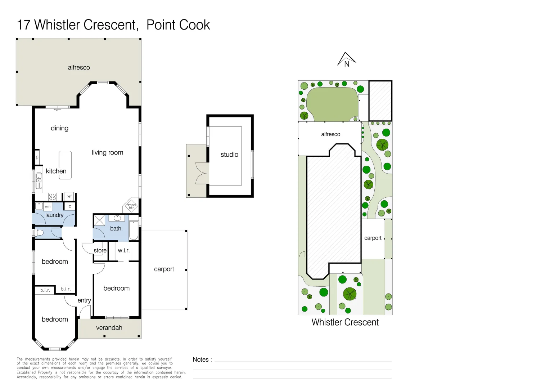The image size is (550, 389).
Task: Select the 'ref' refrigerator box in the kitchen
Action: (69, 196)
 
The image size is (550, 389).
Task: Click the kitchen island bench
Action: (65, 165)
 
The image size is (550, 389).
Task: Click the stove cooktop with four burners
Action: (53, 197)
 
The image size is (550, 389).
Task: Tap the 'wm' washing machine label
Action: (48, 206)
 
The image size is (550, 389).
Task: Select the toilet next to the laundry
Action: (39, 233)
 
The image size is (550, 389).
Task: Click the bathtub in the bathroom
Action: (134, 231)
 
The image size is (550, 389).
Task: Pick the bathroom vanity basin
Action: (117, 218)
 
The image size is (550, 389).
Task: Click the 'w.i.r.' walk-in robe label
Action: (123, 250)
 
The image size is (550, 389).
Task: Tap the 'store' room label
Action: (100, 250)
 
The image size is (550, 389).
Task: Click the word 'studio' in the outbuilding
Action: (229, 155)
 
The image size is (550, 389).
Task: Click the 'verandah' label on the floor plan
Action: (109, 328)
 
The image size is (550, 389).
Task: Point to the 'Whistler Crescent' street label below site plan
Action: (345, 322)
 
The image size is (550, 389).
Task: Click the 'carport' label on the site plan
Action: (373, 238)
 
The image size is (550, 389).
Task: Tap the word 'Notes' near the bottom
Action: (200, 359)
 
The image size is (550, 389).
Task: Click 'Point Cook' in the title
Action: (178, 25)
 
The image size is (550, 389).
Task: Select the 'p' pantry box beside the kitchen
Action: (37, 157)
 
